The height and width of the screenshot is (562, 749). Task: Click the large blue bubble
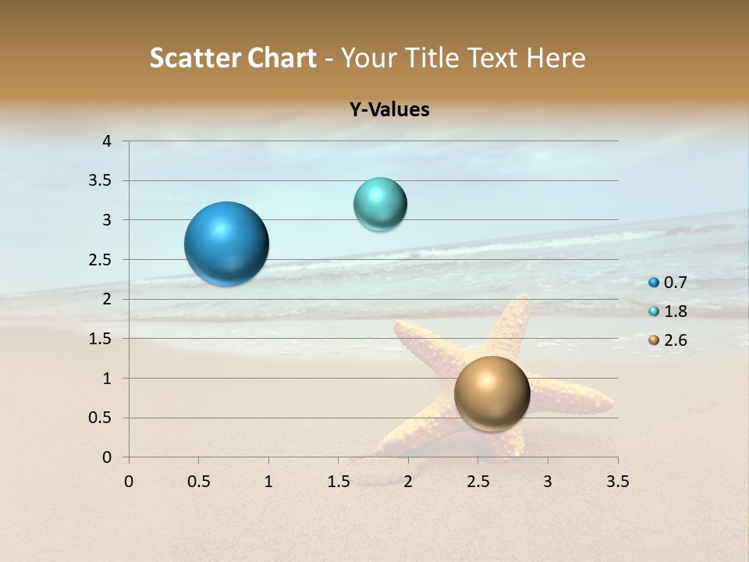click(227, 244)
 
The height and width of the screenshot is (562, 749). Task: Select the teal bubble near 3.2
click(380, 205)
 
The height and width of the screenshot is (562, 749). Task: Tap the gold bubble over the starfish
click(492, 393)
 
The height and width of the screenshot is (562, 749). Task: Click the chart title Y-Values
click(389, 110)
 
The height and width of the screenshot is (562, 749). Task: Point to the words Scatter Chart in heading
click(233, 58)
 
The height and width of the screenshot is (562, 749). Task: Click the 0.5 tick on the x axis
click(198, 482)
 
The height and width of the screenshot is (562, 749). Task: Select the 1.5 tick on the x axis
click(338, 482)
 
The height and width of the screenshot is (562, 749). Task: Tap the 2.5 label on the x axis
click(477, 482)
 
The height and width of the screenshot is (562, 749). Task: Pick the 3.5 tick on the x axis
click(617, 482)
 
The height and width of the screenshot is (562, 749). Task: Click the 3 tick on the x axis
click(548, 482)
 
